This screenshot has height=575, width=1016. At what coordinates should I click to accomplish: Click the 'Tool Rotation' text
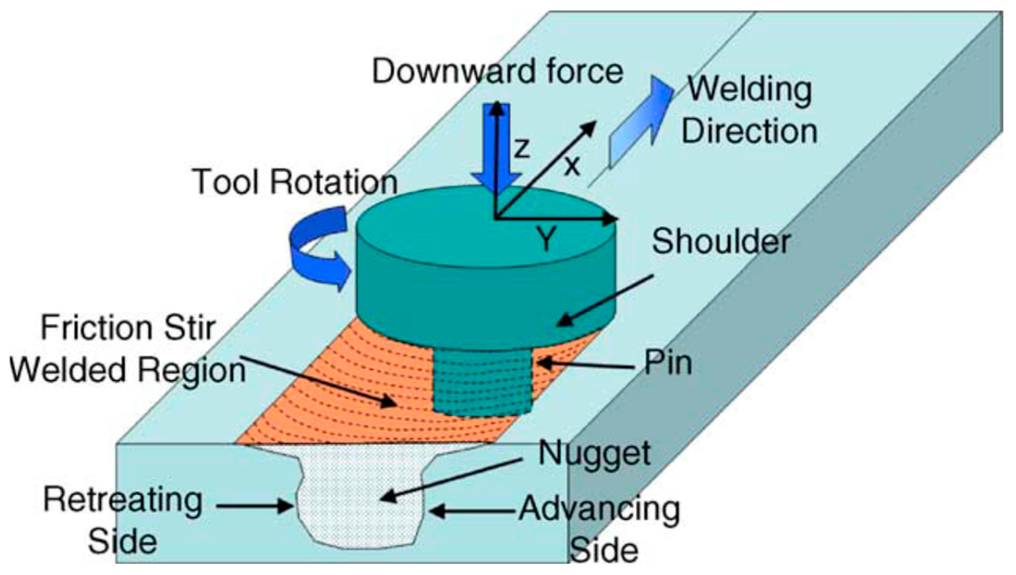tap(295, 182)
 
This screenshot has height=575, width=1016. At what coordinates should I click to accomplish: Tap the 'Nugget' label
tap(594, 453)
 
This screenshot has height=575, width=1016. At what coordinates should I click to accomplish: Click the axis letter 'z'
tap(522, 148)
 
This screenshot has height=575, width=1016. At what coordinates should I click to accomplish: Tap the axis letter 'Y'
tap(546, 239)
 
